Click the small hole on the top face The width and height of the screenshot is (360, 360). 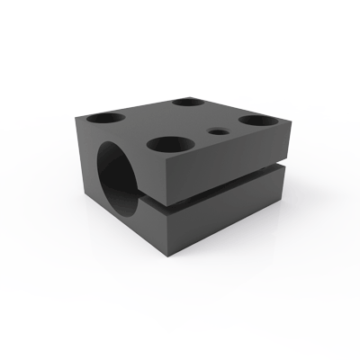click(217, 131)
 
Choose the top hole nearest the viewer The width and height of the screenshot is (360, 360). click(167, 143)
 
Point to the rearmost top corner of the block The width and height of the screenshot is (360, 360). click(197, 89)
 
